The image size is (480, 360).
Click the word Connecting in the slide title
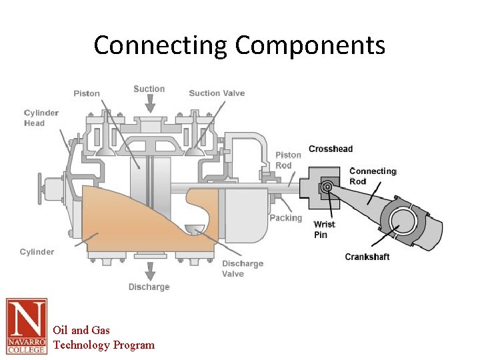coord(161,45)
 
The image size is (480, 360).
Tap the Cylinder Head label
coord(41,118)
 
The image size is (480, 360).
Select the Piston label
coord(87,93)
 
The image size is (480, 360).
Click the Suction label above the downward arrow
coord(149,89)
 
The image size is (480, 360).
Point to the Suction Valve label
coord(217,93)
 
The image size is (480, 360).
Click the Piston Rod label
coord(289,160)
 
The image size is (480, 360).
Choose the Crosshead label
coord(331,148)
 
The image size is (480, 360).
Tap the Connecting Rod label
coord(373,176)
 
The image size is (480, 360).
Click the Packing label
coord(285,218)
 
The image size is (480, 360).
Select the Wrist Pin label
coord(324,229)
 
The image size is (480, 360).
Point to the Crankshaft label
coord(367,257)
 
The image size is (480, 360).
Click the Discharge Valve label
coord(242,269)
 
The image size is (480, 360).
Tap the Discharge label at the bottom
coord(149,287)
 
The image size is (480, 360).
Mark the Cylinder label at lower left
coord(37,251)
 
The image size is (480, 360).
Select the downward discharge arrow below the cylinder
coord(151,270)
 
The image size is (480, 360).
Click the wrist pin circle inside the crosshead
coord(328,188)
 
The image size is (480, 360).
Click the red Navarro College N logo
coord(27,326)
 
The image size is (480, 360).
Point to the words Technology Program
coord(103,345)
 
